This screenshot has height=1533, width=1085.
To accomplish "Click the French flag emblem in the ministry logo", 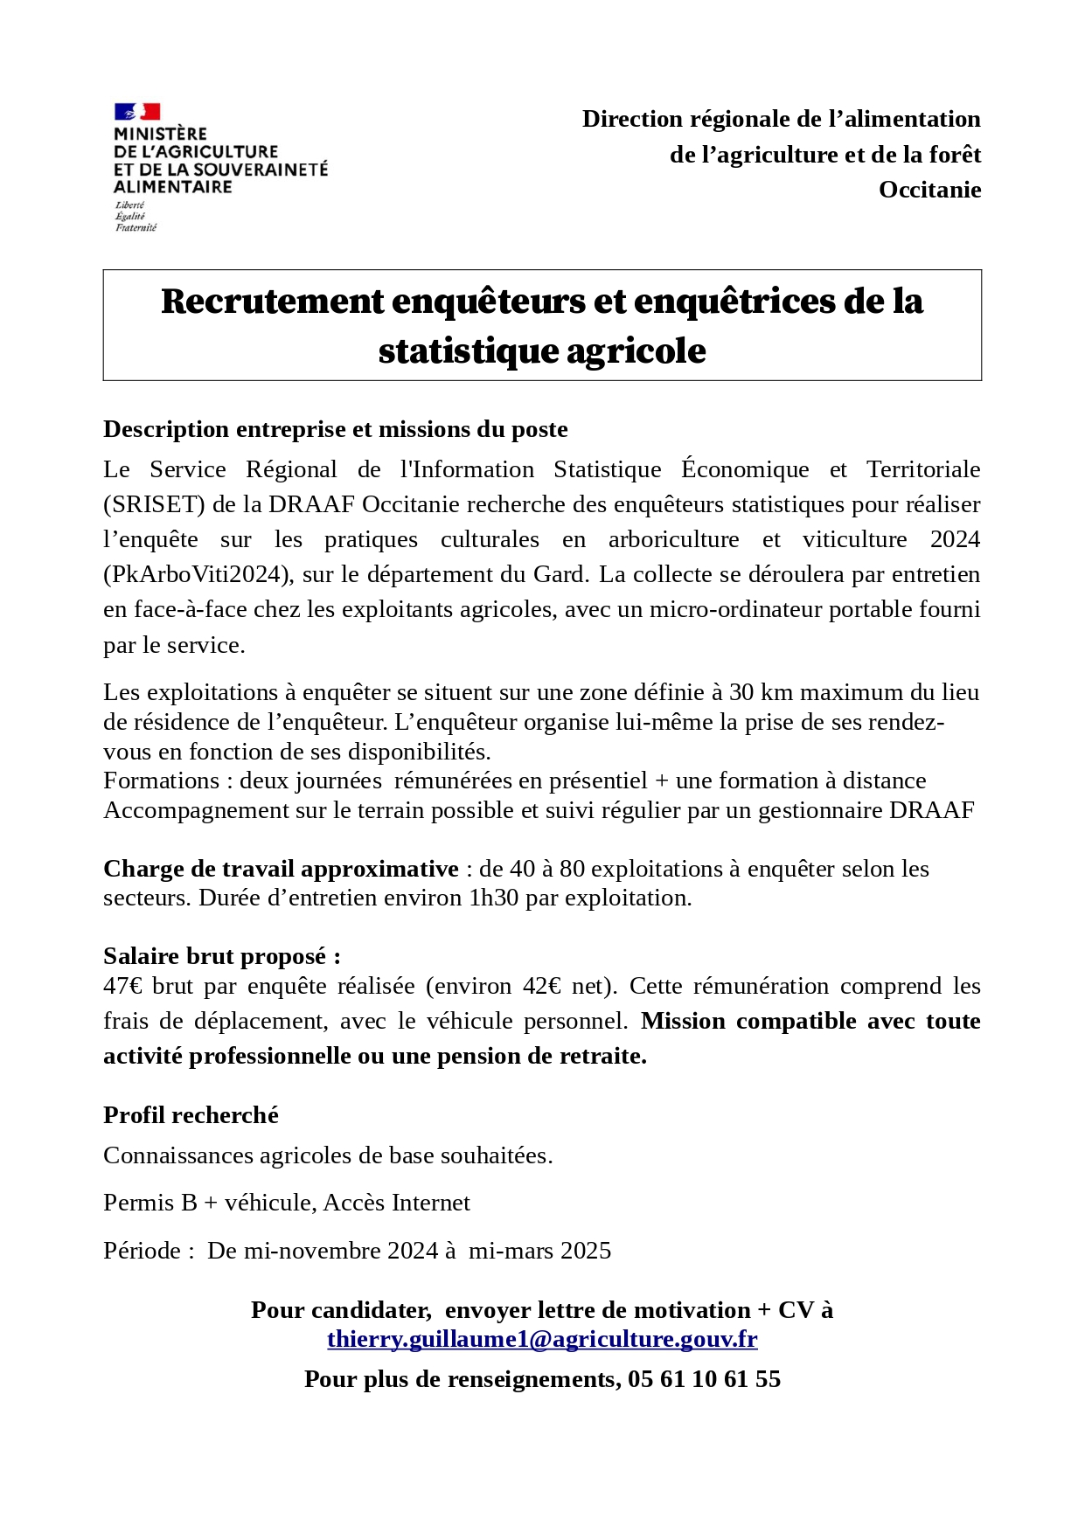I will (x=137, y=112).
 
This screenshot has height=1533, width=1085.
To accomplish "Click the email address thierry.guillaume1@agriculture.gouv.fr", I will (x=542, y=1339).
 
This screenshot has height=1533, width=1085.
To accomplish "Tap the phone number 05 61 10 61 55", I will (x=704, y=1378).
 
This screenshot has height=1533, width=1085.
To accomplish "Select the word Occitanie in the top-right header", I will (x=929, y=190).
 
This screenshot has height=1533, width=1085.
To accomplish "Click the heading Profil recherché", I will (x=191, y=1114).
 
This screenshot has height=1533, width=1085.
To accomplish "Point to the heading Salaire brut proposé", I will (x=222, y=955).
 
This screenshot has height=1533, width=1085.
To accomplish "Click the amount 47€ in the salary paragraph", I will (x=123, y=986).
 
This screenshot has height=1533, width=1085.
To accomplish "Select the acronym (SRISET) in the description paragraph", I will (x=154, y=504).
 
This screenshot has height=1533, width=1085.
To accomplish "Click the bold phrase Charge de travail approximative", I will (x=281, y=868).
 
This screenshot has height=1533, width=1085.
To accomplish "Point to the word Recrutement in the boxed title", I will (x=272, y=302).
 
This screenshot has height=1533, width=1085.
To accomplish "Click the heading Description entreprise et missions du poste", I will (x=336, y=429).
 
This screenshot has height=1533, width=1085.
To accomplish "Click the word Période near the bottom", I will (x=142, y=1250).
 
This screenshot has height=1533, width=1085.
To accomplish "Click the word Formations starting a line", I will (x=161, y=780).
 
